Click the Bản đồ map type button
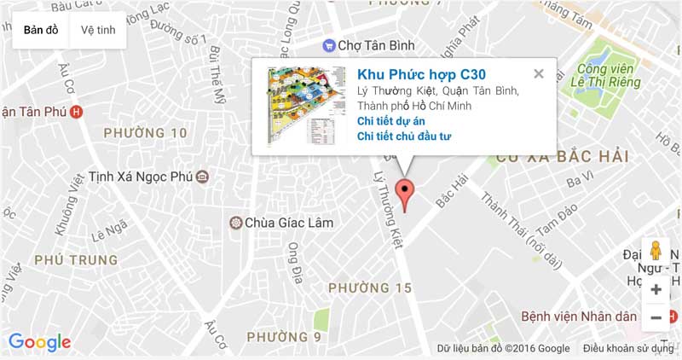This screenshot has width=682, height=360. (x=41, y=30)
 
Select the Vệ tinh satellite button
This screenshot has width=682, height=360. (x=98, y=30)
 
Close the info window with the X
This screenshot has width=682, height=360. (x=538, y=74)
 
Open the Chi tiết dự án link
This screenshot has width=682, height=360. (x=390, y=121)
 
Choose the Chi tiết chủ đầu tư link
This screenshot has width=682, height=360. (x=404, y=136)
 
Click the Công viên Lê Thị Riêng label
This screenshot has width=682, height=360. (x=605, y=76)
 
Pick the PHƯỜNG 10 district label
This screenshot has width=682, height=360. (x=145, y=133)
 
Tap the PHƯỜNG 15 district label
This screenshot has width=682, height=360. (x=370, y=287)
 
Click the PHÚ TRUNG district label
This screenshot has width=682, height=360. (x=76, y=259)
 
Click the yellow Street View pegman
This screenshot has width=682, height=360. (x=656, y=250)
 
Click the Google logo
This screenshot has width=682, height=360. (x=39, y=343)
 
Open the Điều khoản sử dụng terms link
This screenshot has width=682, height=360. (x=628, y=348)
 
